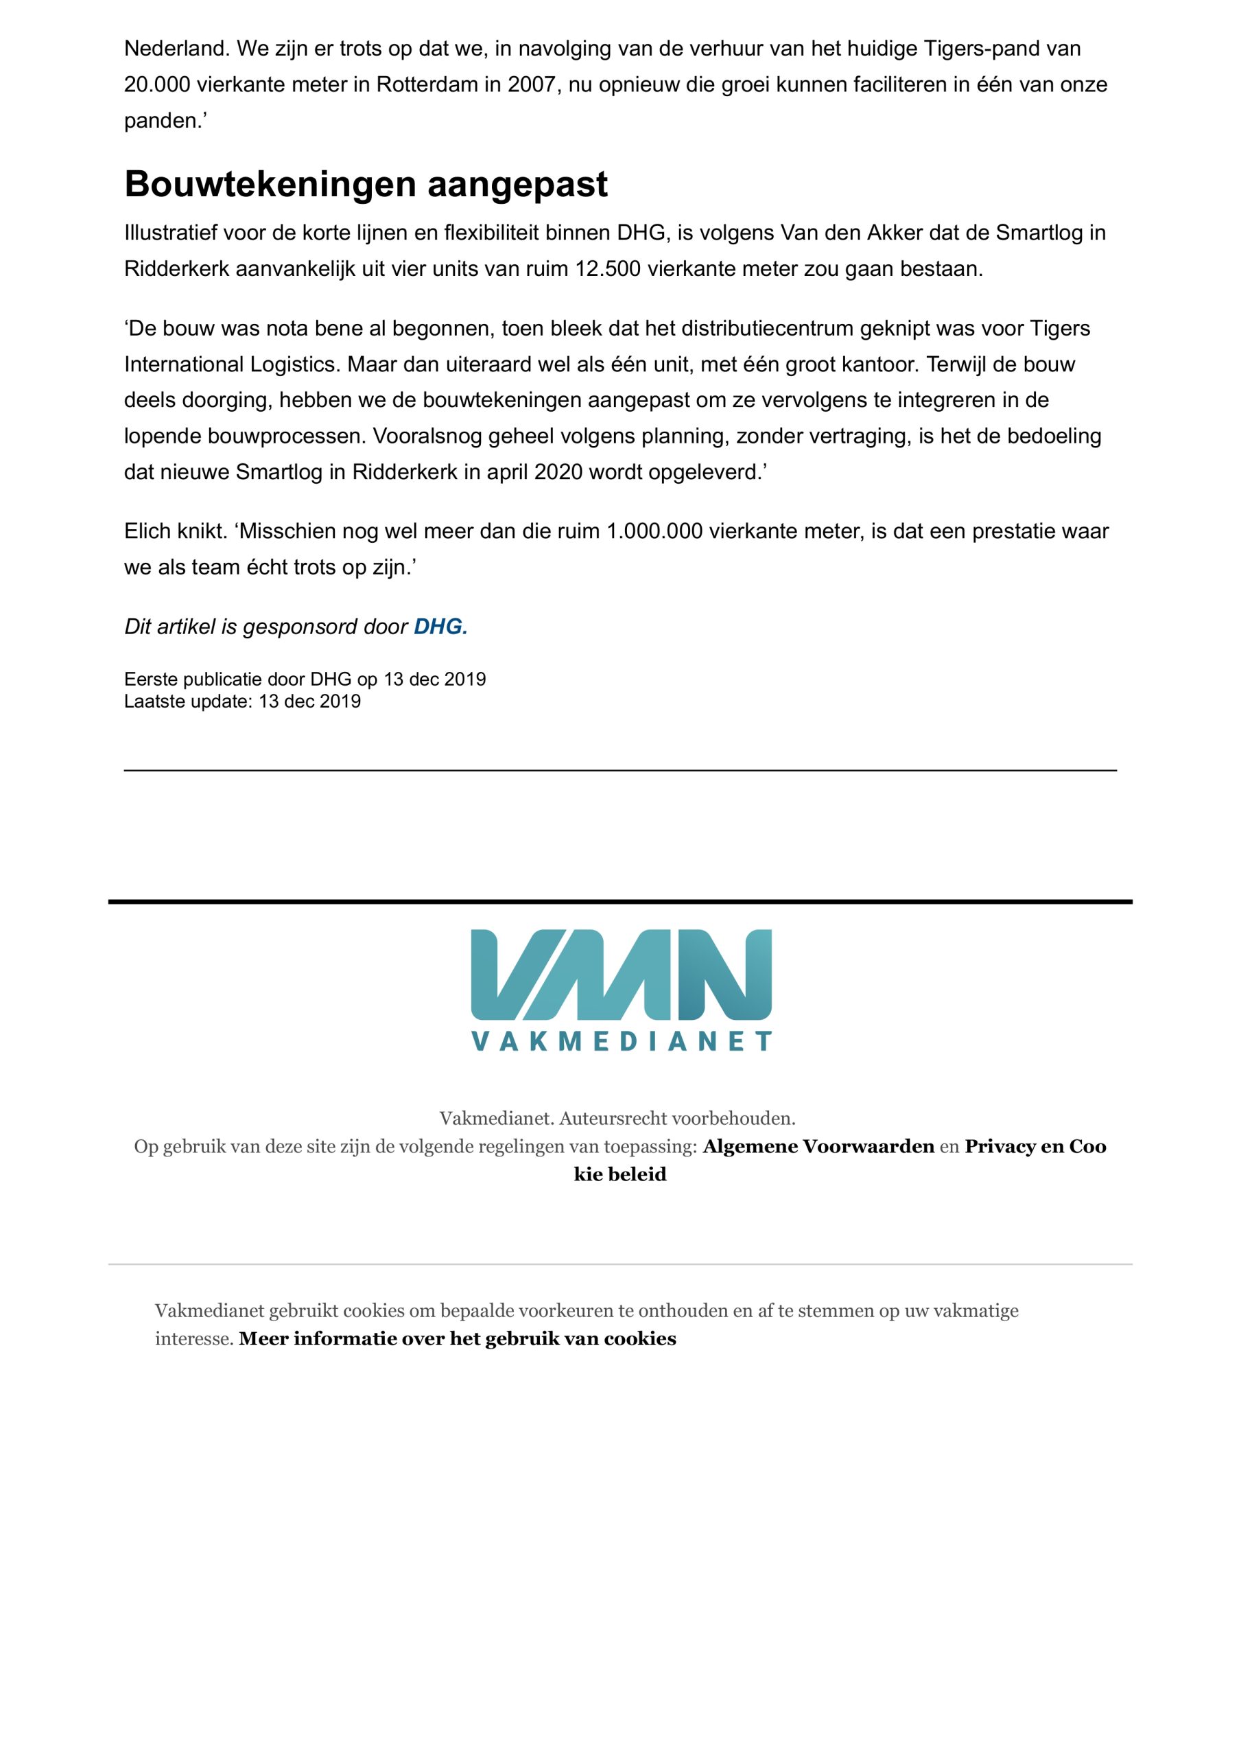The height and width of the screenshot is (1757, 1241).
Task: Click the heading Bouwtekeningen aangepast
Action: [366, 185]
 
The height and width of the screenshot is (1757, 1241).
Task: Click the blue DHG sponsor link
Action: [440, 627]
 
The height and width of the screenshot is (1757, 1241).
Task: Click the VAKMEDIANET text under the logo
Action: [620, 1041]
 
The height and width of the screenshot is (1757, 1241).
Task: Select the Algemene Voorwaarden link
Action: [818, 1146]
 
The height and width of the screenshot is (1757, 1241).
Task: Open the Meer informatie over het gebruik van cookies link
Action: [457, 1338]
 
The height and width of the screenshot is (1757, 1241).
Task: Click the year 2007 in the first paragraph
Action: [530, 84]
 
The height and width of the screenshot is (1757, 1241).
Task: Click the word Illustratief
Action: [171, 233]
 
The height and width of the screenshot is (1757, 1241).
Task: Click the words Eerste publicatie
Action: [193, 679]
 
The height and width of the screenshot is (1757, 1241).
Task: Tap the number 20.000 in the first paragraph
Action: [157, 84]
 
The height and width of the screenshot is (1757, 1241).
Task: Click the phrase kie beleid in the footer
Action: [619, 1174]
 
